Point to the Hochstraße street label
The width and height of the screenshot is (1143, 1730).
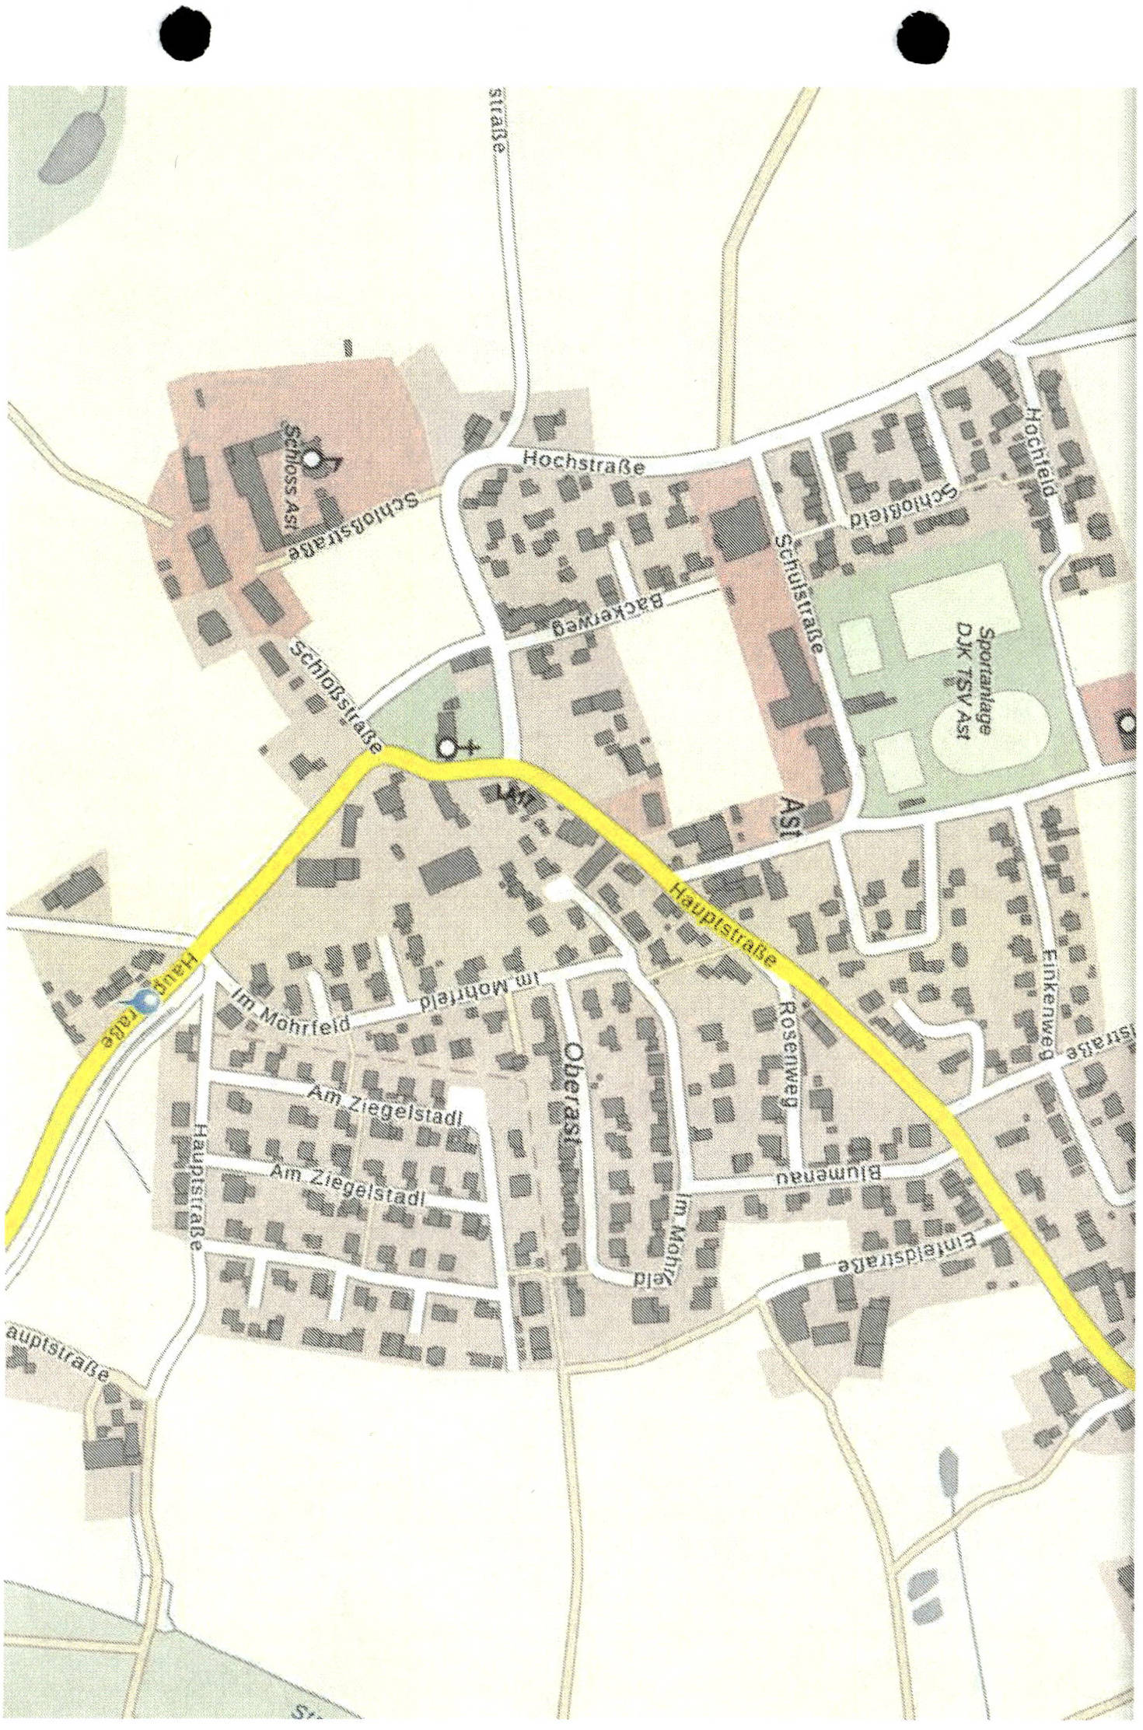[x=583, y=462]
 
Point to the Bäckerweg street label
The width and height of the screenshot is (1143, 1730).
[x=607, y=615]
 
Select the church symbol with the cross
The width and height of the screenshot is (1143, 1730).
[x=451, y=748]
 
